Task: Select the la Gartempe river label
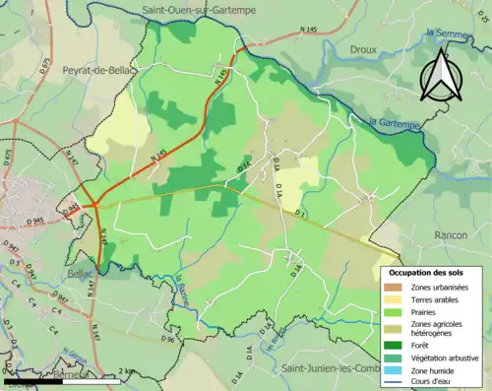click(x=396, y=124)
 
